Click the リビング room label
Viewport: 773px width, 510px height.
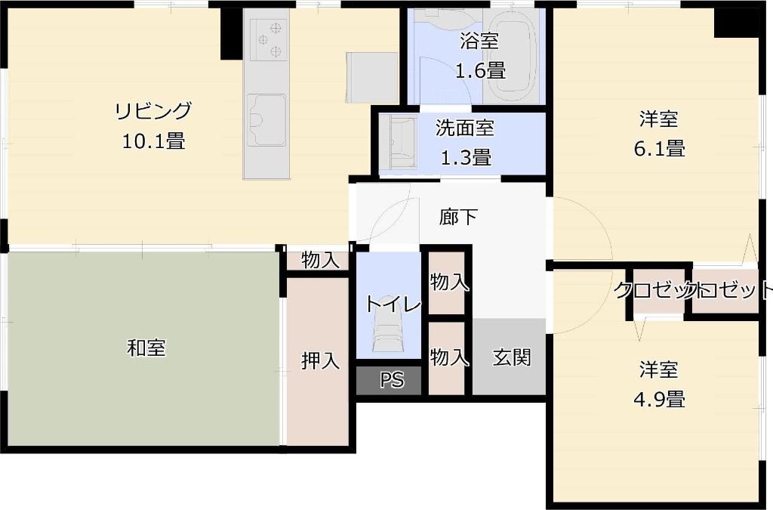[153, 110]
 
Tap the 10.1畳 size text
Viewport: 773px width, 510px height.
[153, 141]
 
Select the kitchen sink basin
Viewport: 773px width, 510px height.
[267, 120]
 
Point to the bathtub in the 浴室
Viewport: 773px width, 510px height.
[512, 57]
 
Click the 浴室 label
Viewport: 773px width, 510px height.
[479, 42]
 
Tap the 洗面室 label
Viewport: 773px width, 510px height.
[465, 128]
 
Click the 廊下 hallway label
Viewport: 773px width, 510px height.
[458, 218]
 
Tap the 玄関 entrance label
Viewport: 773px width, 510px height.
[511, 357]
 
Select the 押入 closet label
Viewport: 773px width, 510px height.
[320, 361]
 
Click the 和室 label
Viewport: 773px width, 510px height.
[146, 348]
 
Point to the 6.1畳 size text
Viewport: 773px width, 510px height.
[658, 149]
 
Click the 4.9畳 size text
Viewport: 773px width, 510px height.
[658, 398]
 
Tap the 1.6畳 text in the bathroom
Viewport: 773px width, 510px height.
[479, 71]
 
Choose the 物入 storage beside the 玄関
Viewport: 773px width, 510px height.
[449, 357]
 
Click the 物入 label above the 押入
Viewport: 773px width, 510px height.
[320, 260]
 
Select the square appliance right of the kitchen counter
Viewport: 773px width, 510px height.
[371, 76]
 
